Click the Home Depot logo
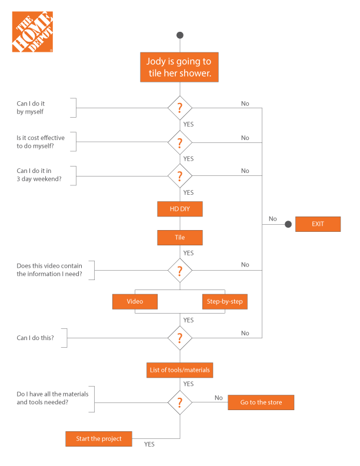click(32, 32)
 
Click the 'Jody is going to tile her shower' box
click(179, 67)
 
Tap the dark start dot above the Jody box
click(179, 35)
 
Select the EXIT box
click(318, 224)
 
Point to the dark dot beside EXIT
click(288, 224)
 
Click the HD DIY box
click(179, 209)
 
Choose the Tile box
click(179, 238)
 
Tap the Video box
click(135, 302)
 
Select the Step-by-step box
click(225, 302)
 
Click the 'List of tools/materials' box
click(179, 370)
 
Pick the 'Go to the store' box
click(261, 402)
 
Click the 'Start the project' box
click(99, 439)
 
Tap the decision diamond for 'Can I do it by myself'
click(179, 108)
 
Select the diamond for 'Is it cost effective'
click(179, 142)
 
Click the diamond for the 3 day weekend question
click(179, 176)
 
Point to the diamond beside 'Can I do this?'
click(179, 338)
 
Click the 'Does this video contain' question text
click(49, 270)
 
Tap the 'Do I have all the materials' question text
click(52, 398)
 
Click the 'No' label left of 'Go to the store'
click(219, 398)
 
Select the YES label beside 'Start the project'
click(149, 444)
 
